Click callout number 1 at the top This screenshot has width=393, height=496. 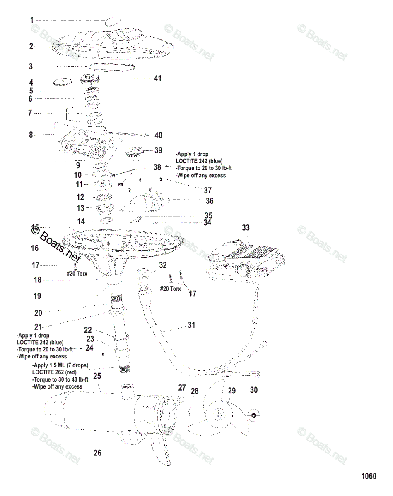click(x=31, y=20)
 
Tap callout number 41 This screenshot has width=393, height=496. click(x=157, y=78)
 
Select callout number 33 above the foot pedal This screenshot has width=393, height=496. click(x=246, y=228)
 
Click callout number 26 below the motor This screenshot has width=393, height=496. click(x=97, y=453)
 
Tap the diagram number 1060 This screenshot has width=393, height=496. click(x=369, y=476)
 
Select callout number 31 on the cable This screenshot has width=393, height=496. click(x=191, y=325)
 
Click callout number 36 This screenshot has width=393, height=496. click(x=210, y=201)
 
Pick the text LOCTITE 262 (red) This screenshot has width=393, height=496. click(x=54, y=372)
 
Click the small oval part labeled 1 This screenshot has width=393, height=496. click(x=114, y=21)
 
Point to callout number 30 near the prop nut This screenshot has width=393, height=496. click(x=254, y=390)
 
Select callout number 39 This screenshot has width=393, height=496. click(x=158, y=150)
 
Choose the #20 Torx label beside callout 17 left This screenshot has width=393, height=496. click(x=77, y=274)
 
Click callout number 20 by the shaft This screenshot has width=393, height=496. click(x=38, y=313)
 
